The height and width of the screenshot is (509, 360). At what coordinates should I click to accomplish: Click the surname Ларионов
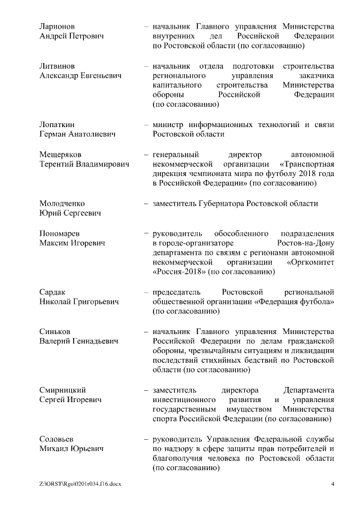[56, 26]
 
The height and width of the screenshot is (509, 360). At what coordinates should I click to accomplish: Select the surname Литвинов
[56, 66]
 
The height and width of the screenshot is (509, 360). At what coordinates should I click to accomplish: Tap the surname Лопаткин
[57, 124]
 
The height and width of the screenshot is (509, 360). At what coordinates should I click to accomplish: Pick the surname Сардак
[52, 292]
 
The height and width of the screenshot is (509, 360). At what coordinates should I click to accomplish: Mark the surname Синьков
[55, 331]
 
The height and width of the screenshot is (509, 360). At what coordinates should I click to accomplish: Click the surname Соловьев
[57, 438]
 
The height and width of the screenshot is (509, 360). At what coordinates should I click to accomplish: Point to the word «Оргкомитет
[311, 262]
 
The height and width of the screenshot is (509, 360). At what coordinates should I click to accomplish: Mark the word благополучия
[177, 458]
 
